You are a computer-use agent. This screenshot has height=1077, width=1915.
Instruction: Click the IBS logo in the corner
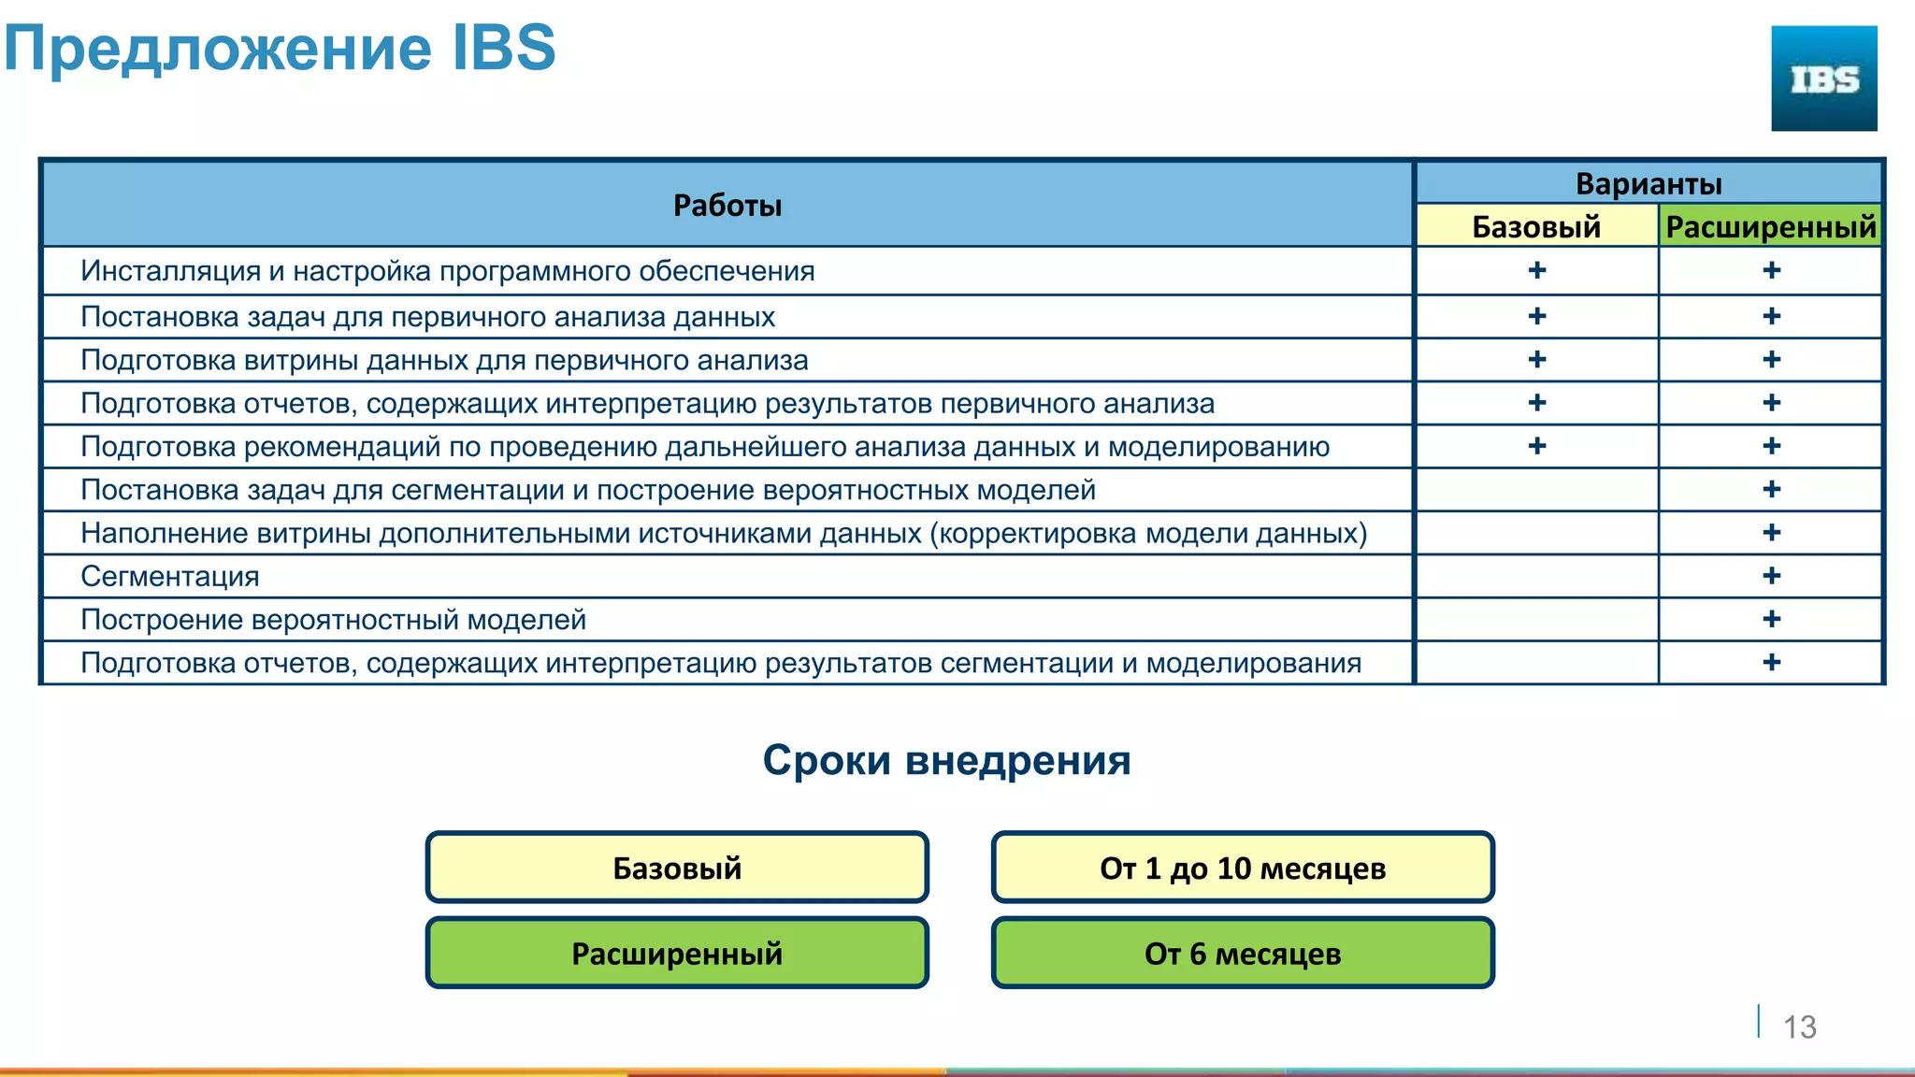[x=1823, y=79]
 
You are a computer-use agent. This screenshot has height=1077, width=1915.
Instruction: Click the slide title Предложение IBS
[x=280, y=48]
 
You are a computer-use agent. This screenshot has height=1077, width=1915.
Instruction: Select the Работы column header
[x=727, y=205]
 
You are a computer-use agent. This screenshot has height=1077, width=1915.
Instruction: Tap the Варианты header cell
[x=1649, y=183]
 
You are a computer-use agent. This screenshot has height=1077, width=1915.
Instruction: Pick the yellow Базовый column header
[x=1536, y=226]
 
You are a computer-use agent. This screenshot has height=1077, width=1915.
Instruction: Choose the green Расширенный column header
[x=1771, y=226]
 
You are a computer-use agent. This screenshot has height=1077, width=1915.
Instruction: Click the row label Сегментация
[x=170, y=576]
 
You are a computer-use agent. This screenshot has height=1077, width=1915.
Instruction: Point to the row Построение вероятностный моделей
[x=333, y=619]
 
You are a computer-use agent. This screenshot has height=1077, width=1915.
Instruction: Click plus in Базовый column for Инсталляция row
[x=1537, y=270]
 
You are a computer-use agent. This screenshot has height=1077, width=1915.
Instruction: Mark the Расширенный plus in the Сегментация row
[x=1771, y=576]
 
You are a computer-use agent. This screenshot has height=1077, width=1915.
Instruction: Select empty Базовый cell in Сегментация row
[x=1537, y=576]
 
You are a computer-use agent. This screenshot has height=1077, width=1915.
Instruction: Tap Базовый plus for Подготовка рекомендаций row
[x=1537, y=446]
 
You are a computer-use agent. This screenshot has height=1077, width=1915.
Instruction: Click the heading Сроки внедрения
[x=946, y=760]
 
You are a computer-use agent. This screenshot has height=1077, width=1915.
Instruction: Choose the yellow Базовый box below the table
[x=677, y=868]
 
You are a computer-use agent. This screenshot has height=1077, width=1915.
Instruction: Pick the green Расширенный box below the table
[x=677, y=953]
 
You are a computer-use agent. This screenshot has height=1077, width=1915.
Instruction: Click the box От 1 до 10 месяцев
[x=1243, y=868]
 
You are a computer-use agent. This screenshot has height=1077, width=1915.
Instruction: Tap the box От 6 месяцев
[x=1243, y=953]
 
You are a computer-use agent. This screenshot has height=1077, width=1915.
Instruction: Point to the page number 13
[x=1799, y=1027]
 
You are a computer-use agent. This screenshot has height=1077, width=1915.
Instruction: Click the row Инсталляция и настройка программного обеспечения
[x=447, y=271]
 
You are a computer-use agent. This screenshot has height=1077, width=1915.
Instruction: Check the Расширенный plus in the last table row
[x=1771, y=662]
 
